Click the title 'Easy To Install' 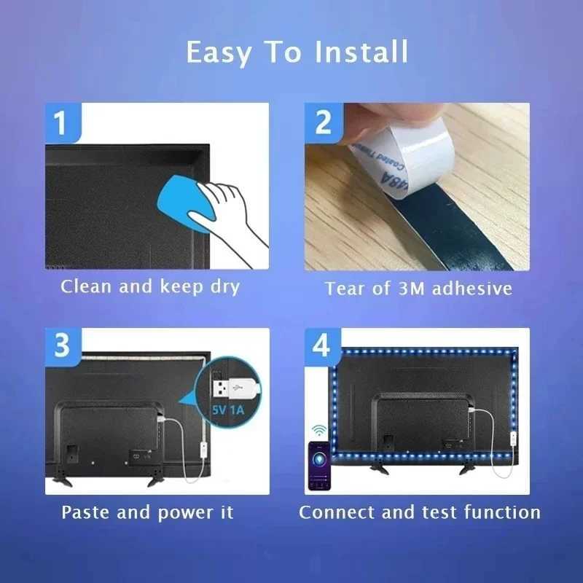pos(297,52)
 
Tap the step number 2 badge pos(323,122)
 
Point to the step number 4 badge pos(321,346)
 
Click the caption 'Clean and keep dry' pos(150,286)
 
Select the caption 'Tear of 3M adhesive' pos(418,289)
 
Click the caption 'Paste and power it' pos(147,512)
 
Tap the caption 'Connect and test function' pos(420,512)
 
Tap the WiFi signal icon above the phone pos(319,429)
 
